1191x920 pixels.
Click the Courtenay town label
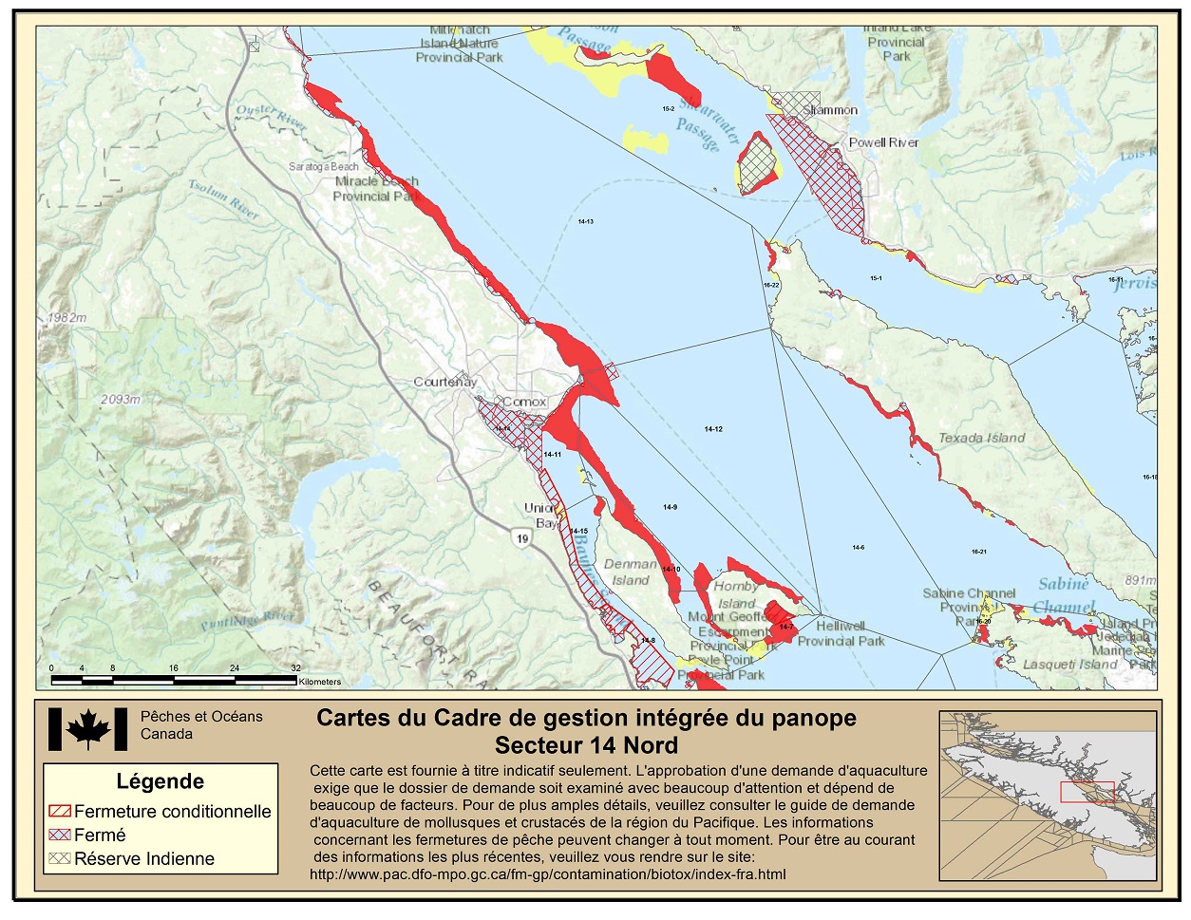click(444, 382)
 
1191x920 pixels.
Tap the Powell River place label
click(883, 142)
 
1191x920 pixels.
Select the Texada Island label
click(981, 438)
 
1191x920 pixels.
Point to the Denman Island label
click(630, 572)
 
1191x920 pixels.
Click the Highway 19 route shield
click(522, 539)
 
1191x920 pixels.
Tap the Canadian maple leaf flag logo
click(87, 729)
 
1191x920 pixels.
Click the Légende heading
click(160, 781)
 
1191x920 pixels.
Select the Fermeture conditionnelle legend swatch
click(60, 812)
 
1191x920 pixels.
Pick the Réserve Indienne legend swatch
click(60, 858)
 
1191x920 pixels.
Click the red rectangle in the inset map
click(1087, 793)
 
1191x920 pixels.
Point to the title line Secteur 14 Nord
click(586, 745)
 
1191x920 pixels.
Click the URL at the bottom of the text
click(547, 873)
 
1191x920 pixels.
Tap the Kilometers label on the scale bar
click(319, 682)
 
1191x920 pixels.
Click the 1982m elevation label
click(66, 317)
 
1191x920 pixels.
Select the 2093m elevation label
click(120, 400)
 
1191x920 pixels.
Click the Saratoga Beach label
click(324, 166)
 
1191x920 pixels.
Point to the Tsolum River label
click(223, 199)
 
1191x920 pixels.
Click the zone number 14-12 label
click(713, 429)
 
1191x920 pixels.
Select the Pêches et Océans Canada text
click(201, 725)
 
